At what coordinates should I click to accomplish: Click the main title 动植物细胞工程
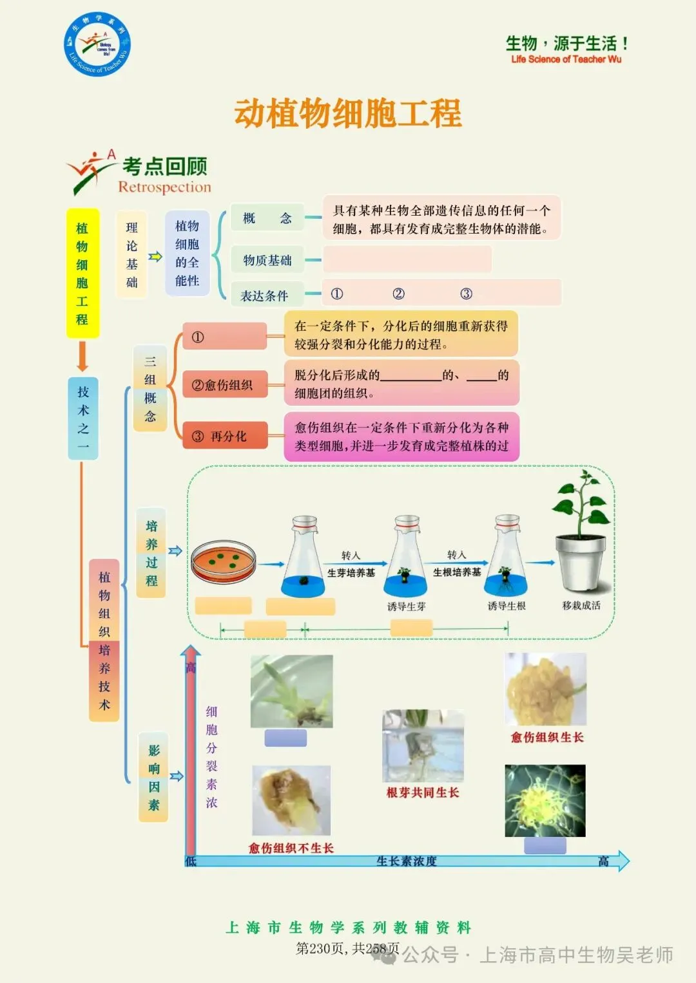point(348,113)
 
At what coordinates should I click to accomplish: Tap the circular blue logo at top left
point(97,44)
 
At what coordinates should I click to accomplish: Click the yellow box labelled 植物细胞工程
point(82,273)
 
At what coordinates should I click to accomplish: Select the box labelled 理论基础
point(132,254)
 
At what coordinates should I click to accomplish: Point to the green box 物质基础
point(267,260)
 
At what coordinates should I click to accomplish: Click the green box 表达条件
point(264,295)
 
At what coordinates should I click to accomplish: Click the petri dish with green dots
point(224,561)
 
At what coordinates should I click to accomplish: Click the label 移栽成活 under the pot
point(581,605)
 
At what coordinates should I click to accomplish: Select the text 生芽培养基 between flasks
point(351,572)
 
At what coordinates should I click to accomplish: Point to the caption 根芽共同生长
point(423,792)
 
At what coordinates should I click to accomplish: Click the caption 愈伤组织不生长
point(291,848)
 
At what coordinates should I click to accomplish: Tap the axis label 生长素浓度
point(407,861)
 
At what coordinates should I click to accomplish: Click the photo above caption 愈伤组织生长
point(546,689)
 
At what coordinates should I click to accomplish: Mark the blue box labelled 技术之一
point(83,418)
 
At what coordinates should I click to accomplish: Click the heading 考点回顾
point(165,166)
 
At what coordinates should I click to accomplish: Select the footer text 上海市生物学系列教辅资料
point(348,928)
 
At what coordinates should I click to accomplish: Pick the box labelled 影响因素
point(153,777)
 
